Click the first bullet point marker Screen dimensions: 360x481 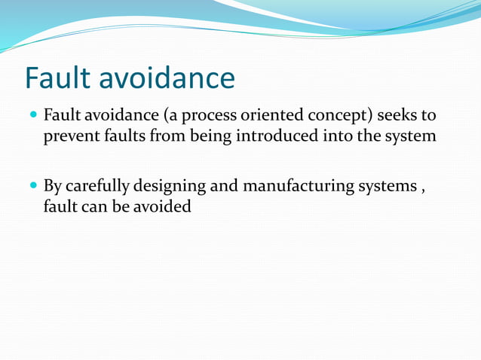32,117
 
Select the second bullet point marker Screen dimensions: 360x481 32,186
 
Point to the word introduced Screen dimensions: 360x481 279,136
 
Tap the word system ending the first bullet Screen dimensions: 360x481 411,137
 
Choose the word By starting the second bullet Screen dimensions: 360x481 52,186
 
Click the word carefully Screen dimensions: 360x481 97,186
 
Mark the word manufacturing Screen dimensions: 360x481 298,186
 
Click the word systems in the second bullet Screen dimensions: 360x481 385,186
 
